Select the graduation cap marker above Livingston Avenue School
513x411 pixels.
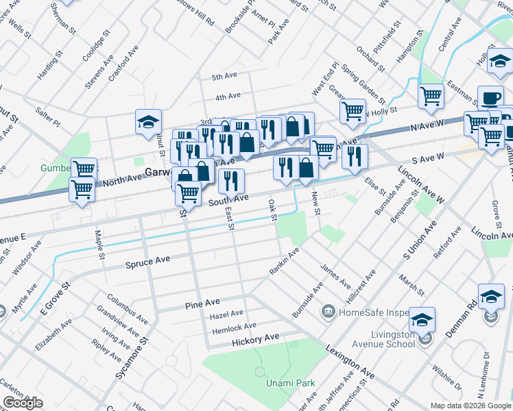(421, 320)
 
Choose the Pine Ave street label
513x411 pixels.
(202, 302)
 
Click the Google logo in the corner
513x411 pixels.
(23, 403)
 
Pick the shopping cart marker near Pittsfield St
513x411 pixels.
(431, 97)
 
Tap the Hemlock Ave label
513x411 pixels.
(234, 326)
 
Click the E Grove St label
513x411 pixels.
(56, 297)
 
